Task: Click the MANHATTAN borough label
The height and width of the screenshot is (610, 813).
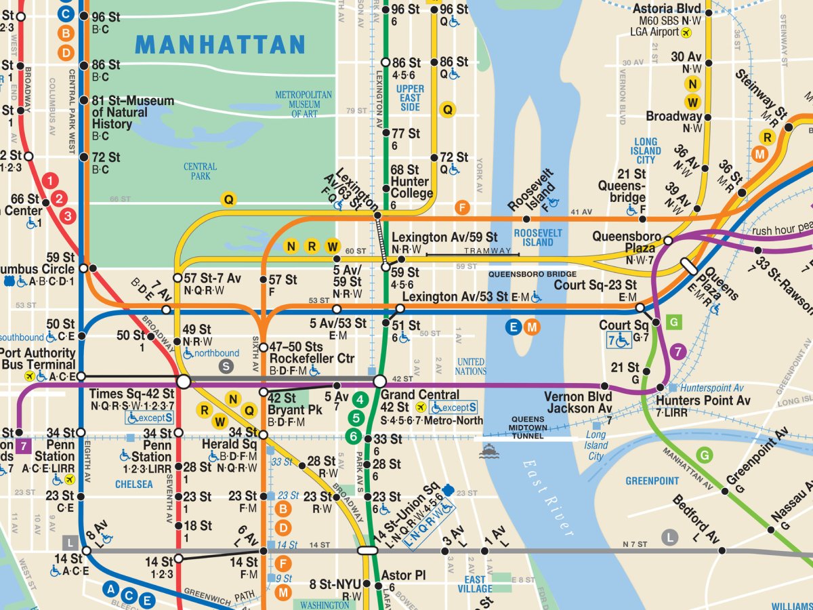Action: click(220, 45)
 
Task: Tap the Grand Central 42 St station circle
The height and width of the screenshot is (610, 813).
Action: click(379, 382)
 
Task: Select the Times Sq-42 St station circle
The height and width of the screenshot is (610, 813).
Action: click(183, 382)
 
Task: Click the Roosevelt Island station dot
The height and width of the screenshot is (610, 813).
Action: click(526, 219)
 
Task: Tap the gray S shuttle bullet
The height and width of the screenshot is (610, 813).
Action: click(227, 366)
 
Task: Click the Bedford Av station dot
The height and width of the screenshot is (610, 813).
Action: click(722, 550)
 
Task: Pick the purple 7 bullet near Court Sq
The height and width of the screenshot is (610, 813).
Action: click(677, 351)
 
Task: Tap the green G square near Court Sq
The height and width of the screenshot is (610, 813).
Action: click(673, 322)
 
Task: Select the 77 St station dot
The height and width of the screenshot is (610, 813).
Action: click(385, 134)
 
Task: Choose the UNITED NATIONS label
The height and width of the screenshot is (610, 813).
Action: click(470, 366)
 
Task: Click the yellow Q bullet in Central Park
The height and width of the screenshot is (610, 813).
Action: click(229, 199)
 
